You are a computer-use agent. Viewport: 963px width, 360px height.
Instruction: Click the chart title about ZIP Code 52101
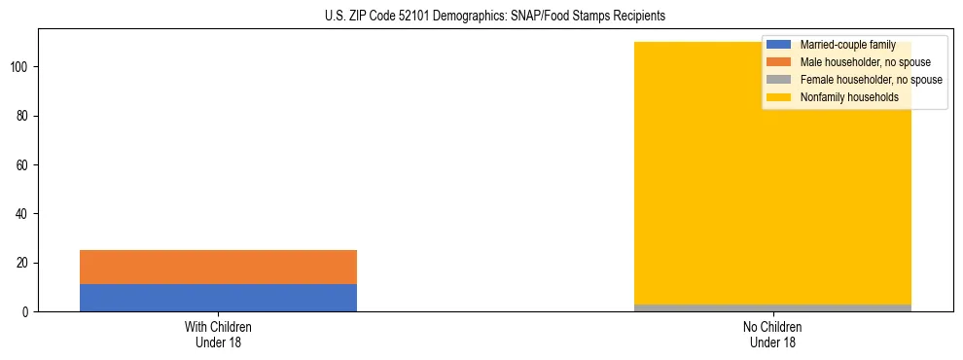tap(495, 17)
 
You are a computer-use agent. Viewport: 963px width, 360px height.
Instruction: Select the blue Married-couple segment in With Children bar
tap(218, 298)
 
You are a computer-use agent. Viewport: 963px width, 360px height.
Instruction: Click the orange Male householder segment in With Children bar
tap(218, 267)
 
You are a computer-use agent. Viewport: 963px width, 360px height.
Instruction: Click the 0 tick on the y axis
tap(26, 312)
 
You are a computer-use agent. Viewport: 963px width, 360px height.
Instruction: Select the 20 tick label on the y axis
tap(23, 263)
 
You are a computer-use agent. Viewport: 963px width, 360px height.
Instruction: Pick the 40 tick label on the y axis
tap(23, 214)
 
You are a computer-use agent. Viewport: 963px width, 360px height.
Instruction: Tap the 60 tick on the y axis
tap(23, 165)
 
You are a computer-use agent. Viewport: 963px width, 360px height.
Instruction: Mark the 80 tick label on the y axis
tap(23, 116)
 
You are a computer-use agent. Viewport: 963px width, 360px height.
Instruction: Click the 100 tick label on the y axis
tap(20, 67)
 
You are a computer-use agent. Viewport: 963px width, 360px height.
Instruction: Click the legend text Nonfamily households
tap(848, 97)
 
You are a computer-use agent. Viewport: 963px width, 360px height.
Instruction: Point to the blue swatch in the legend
tap(779, 46)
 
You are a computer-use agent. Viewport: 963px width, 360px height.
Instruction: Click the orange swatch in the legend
tap(779, 62)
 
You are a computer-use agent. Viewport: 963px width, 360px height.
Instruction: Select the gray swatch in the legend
tap(779, 80)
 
